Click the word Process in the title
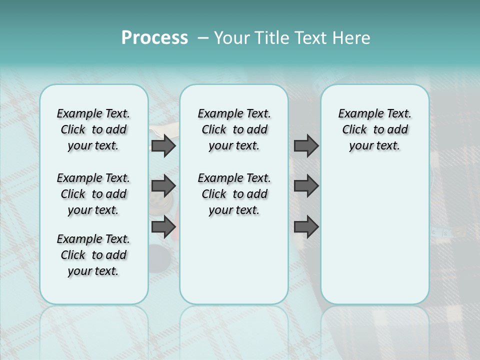154,37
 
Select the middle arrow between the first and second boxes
163,186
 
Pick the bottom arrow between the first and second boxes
163,227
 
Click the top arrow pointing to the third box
306,145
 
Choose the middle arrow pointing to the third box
306,186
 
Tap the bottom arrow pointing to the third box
306,227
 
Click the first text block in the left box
93,129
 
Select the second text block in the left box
93,194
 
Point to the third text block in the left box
93,255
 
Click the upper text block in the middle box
234,129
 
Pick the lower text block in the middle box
234,194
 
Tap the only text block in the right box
374,129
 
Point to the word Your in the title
229,38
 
